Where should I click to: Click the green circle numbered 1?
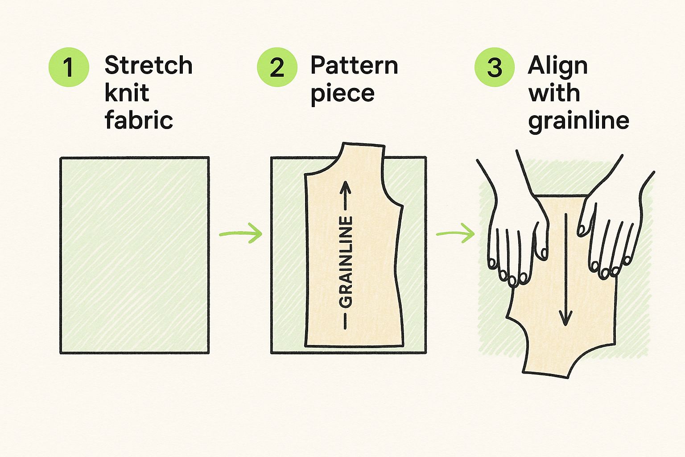(x=69, y=67)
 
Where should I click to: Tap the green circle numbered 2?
(x=277, y=67)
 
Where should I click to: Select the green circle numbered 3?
(x=495, y=67)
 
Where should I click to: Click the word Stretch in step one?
(x=149, y=65)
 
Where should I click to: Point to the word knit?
(x=127, y=92)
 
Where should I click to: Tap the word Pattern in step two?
(x=354, y=65)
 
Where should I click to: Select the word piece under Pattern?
(x=342, y=94)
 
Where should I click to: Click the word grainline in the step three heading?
(x=578, y=121)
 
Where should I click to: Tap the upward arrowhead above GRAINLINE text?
(x=346, y=187)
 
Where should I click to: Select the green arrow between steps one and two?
(x=241, y=233)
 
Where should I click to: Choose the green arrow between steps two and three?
(x=455, y=233)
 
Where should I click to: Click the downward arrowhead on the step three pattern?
(x=565, y=318)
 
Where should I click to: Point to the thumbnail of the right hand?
(x=582, y=230)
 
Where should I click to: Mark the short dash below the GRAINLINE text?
(x=345, y=321)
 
